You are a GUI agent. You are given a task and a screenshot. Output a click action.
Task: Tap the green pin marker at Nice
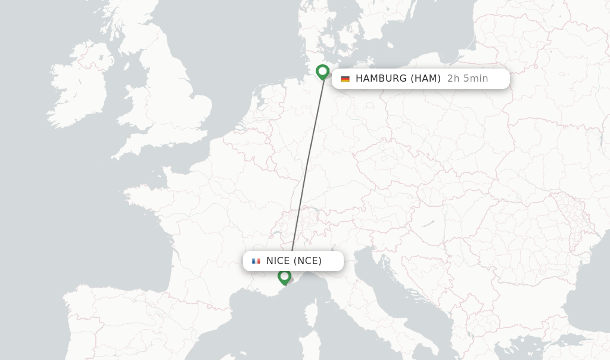(x=284, y=277)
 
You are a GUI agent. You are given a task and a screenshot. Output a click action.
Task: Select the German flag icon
(x=345, y=79)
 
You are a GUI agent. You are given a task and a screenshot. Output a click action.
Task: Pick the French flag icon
(x=256, y=261)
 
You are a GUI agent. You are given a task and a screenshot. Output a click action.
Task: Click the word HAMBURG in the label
(x=381, y=79)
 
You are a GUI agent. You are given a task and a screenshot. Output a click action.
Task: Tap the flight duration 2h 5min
(x=468, y=79)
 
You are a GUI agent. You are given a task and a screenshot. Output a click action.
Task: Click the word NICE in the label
(x=278, y=261)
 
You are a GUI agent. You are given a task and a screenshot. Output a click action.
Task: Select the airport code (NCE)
(x=307, y=261)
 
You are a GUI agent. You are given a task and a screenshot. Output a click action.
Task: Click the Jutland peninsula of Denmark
(x=313, y=30)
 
